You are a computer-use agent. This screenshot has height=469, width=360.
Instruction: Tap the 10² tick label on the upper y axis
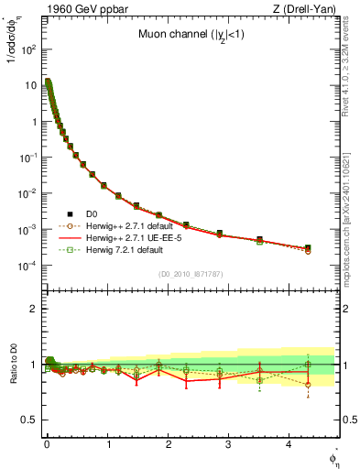26,49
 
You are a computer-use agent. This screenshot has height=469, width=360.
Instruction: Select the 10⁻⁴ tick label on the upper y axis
26,266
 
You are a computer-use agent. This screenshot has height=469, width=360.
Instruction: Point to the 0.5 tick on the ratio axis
27,420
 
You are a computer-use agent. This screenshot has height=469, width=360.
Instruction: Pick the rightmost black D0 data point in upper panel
308,247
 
